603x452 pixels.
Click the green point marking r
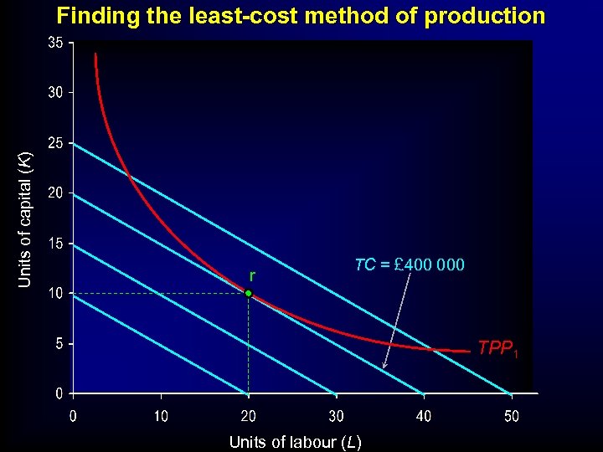(249, 293)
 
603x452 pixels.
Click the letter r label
(252, 275)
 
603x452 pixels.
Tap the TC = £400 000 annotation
(409, 265)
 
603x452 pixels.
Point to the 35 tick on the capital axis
(54, 42)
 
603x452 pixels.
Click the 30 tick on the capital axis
(54, 92)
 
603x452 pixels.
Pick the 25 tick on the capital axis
(54, 143)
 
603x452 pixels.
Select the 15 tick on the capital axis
(54, 244)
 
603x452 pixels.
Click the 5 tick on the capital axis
(58, 344)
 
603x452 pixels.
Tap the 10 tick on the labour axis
(160, 415)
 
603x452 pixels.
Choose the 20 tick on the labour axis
(248, 415)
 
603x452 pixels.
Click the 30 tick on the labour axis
(336, 415)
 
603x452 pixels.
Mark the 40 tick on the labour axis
(424, 415)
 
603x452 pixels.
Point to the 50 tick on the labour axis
(511, 415)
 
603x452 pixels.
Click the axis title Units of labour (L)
(295, 442)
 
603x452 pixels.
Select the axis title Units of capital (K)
(26, 219)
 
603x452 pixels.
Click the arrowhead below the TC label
(384, 367)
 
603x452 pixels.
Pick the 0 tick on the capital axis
(58, 393)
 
